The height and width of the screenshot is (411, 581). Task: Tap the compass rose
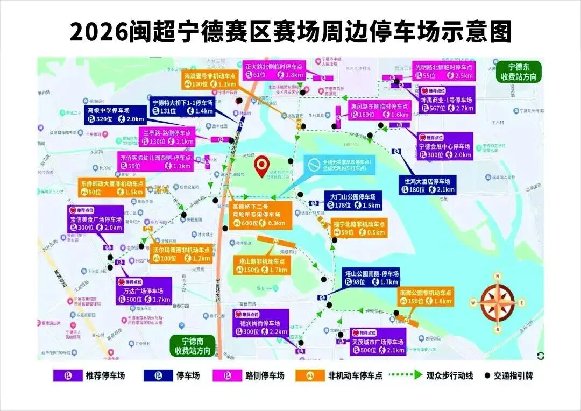tap(498, 302)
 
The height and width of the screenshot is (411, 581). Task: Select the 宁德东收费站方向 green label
tap(518, 72)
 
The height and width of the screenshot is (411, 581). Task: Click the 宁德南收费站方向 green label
tap(193, 345)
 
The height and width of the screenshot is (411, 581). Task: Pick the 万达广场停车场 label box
tap(144, 292)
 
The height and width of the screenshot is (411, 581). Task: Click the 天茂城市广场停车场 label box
tap(378, 342)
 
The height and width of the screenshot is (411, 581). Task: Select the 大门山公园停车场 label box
tap(353, 201)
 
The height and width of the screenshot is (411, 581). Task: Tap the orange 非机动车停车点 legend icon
tap(310, 375)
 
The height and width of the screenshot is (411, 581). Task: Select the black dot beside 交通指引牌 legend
tap(488, 375)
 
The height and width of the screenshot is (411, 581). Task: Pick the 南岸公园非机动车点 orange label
tap(425, 296)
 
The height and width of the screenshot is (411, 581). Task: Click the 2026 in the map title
tap(98, 32)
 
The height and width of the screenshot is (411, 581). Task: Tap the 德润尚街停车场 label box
tap(260, 323)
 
